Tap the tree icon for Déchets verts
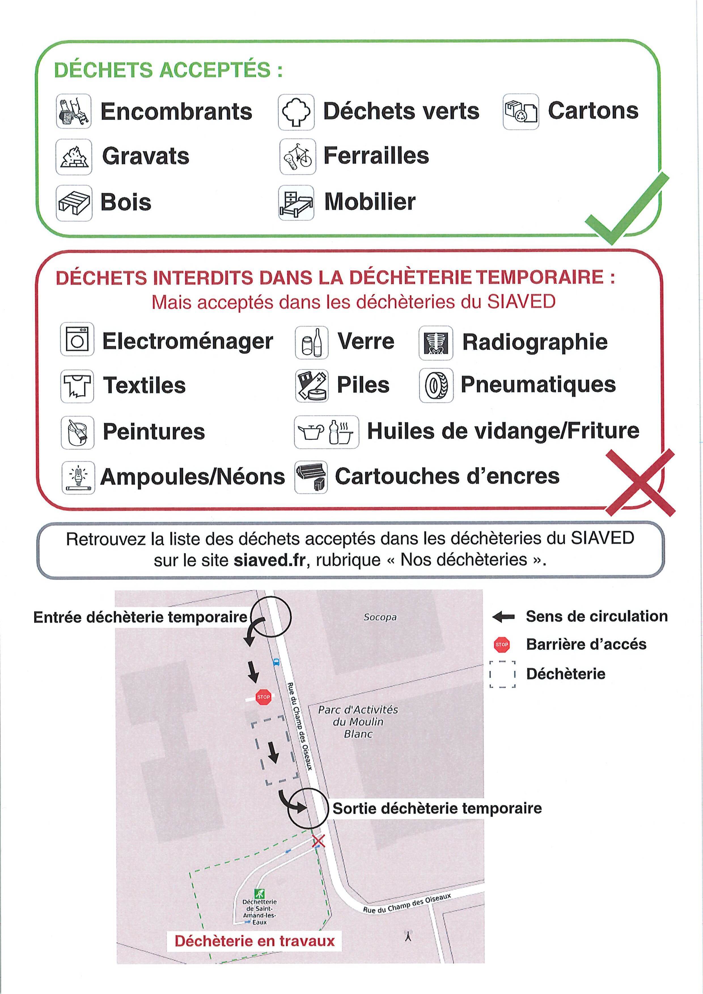coord(296,112)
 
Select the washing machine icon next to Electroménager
coord(77,339)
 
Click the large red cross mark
coord(640,482)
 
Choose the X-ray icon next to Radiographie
coord(436,343)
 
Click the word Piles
coord(363,385)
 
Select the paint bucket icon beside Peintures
coord(77,432)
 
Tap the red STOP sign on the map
coord(263,697)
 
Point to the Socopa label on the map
coord(380,617)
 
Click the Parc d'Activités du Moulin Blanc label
coord(358,722)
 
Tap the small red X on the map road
coord(318,841)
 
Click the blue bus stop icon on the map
coord(276,662)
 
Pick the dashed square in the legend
coord(503,674)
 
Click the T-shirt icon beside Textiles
coord(77,386)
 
